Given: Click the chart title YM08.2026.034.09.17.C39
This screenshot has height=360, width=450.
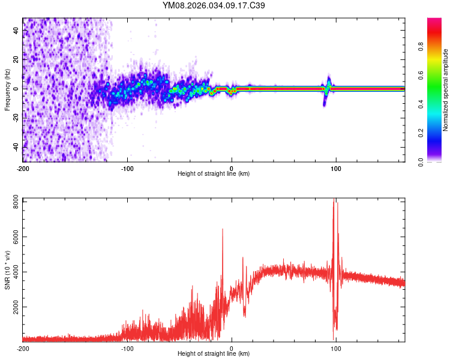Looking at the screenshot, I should [x=214, y=5].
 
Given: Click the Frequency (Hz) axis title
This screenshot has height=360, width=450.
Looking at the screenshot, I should [x=7, y=90].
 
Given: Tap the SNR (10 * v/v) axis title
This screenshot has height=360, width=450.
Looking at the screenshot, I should [x=7, y=270].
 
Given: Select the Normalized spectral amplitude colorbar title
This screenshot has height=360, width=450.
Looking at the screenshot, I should [x=445, y=90].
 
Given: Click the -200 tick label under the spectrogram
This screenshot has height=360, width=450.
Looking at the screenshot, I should [x=22, y=167].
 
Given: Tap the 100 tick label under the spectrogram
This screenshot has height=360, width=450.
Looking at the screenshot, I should [x=336, y=167].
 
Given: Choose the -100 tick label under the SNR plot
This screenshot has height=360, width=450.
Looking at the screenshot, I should [x=127, y=348].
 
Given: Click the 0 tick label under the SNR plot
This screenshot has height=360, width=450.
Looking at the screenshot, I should [x=232, y=348].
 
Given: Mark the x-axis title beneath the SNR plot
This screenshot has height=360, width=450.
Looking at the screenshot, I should [x=214, y=355].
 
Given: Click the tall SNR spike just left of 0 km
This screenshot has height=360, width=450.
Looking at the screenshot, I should [x=223, y=230].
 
